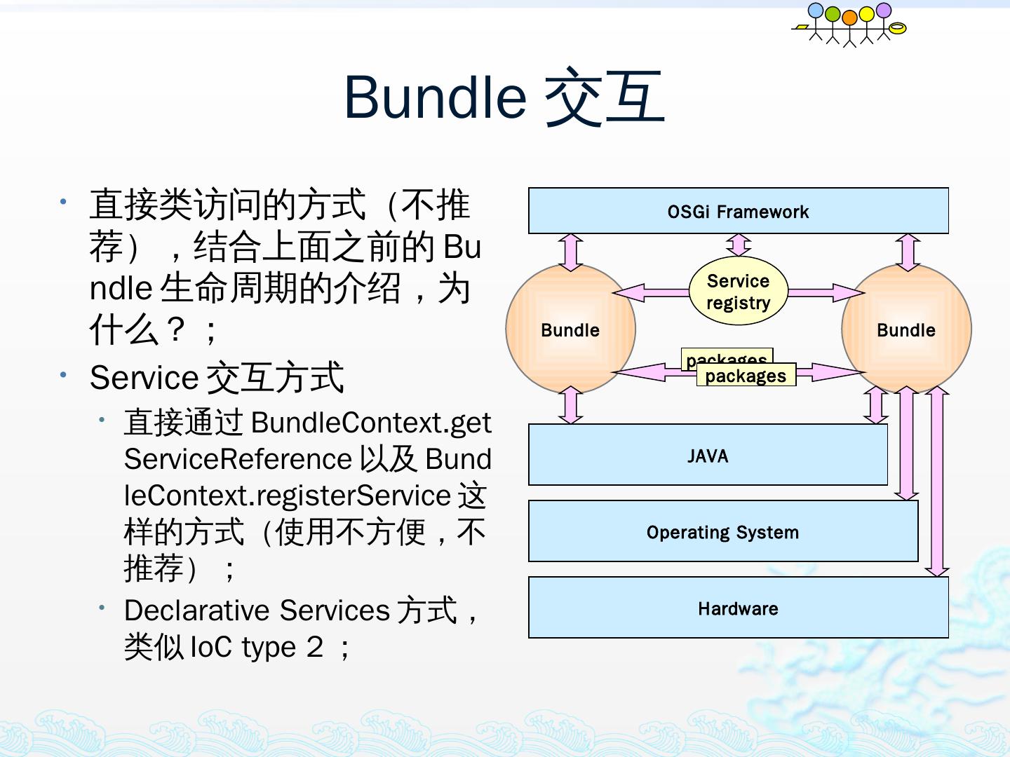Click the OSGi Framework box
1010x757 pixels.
click(x=738, y=211)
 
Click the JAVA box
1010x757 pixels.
click(x=708, y=456)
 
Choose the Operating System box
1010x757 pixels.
click(x=722, y=532)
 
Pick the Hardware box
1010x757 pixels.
click(x=738, y=608)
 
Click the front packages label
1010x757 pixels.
click(x=746, y=376)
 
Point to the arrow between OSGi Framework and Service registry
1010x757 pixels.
click(x=738, y=245)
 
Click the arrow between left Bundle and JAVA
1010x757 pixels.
click(x=571, y=405)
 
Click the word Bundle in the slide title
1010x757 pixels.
click(x=435, y=97)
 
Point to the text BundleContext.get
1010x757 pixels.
click(x=371, y=423)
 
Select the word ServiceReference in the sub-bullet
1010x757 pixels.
click(x=238, y=459)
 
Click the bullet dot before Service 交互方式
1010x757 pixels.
click(x=63, y=375)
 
